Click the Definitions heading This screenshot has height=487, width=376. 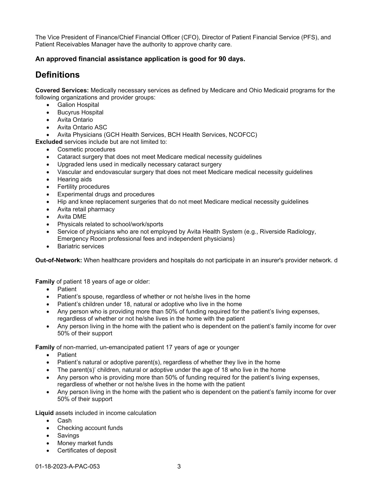(x=58, y=75)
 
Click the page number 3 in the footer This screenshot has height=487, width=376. (x=179, y=466)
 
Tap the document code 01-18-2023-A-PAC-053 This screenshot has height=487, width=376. (x=68, y=466)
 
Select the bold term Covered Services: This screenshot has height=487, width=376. (x=62, y=90)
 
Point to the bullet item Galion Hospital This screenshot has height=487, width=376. (x=78, y=105)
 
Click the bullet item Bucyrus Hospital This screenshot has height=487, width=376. (x=80, y=112)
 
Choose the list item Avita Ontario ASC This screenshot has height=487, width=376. (x=82, y=127)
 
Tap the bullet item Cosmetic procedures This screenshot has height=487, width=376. (x=86, y=149)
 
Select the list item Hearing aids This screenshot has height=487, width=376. (x=74, y=179)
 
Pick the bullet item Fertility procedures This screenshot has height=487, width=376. (x=83, y=187)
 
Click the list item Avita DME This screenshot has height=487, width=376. (x=72, y=217)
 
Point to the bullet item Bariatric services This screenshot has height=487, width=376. (x=81, y=246)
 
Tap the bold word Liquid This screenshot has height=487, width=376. (x=45, y=413)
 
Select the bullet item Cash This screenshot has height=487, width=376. (x=64, y=421)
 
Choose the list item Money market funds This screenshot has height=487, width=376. (x=85, y=443)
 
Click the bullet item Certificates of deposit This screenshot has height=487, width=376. (x=87, y=450)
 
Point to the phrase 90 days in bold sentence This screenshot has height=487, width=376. (x=231, y=59)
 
